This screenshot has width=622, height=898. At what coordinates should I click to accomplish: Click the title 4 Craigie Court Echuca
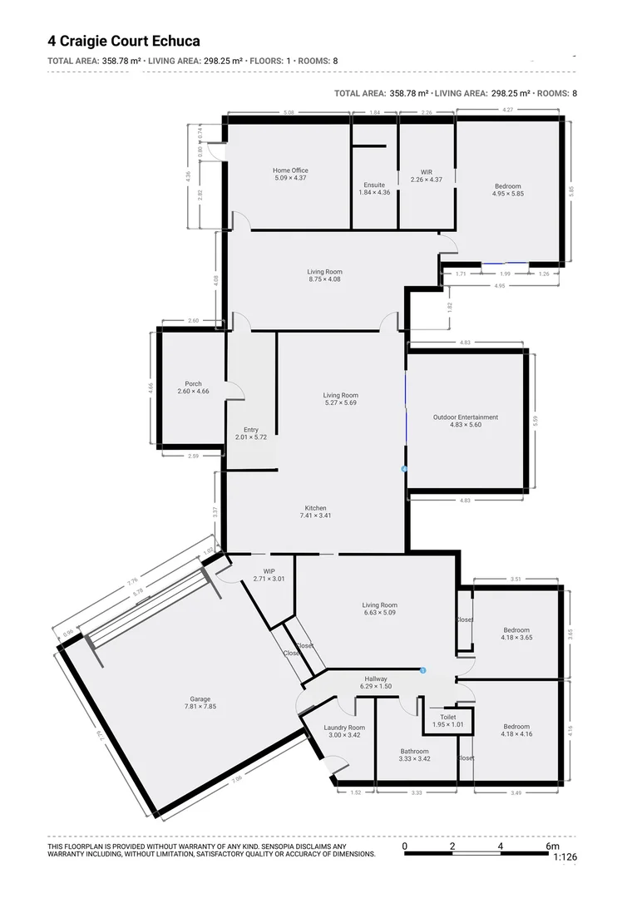tap(124, 41)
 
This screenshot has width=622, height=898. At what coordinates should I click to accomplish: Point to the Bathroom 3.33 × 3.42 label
tap(414, 754)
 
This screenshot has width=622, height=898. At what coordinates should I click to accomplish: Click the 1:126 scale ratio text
tap(564, 856)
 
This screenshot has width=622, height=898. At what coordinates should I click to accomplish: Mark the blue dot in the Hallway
tap(423, 670)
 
